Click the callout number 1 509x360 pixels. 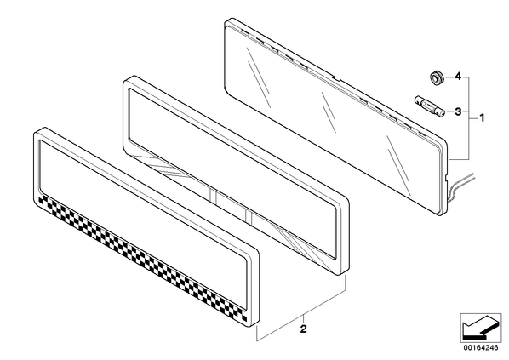[x=482, y=117]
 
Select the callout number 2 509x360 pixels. [x=303, y=329]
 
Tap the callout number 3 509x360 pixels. [x=458, y=112]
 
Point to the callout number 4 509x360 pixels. [x=458, y=77]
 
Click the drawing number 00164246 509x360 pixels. [x=480, y=348]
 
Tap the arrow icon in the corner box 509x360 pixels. [x=480, y=327]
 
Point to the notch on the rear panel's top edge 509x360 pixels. [x=337, y=78]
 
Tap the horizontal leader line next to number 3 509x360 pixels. [x=449, y=111]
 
